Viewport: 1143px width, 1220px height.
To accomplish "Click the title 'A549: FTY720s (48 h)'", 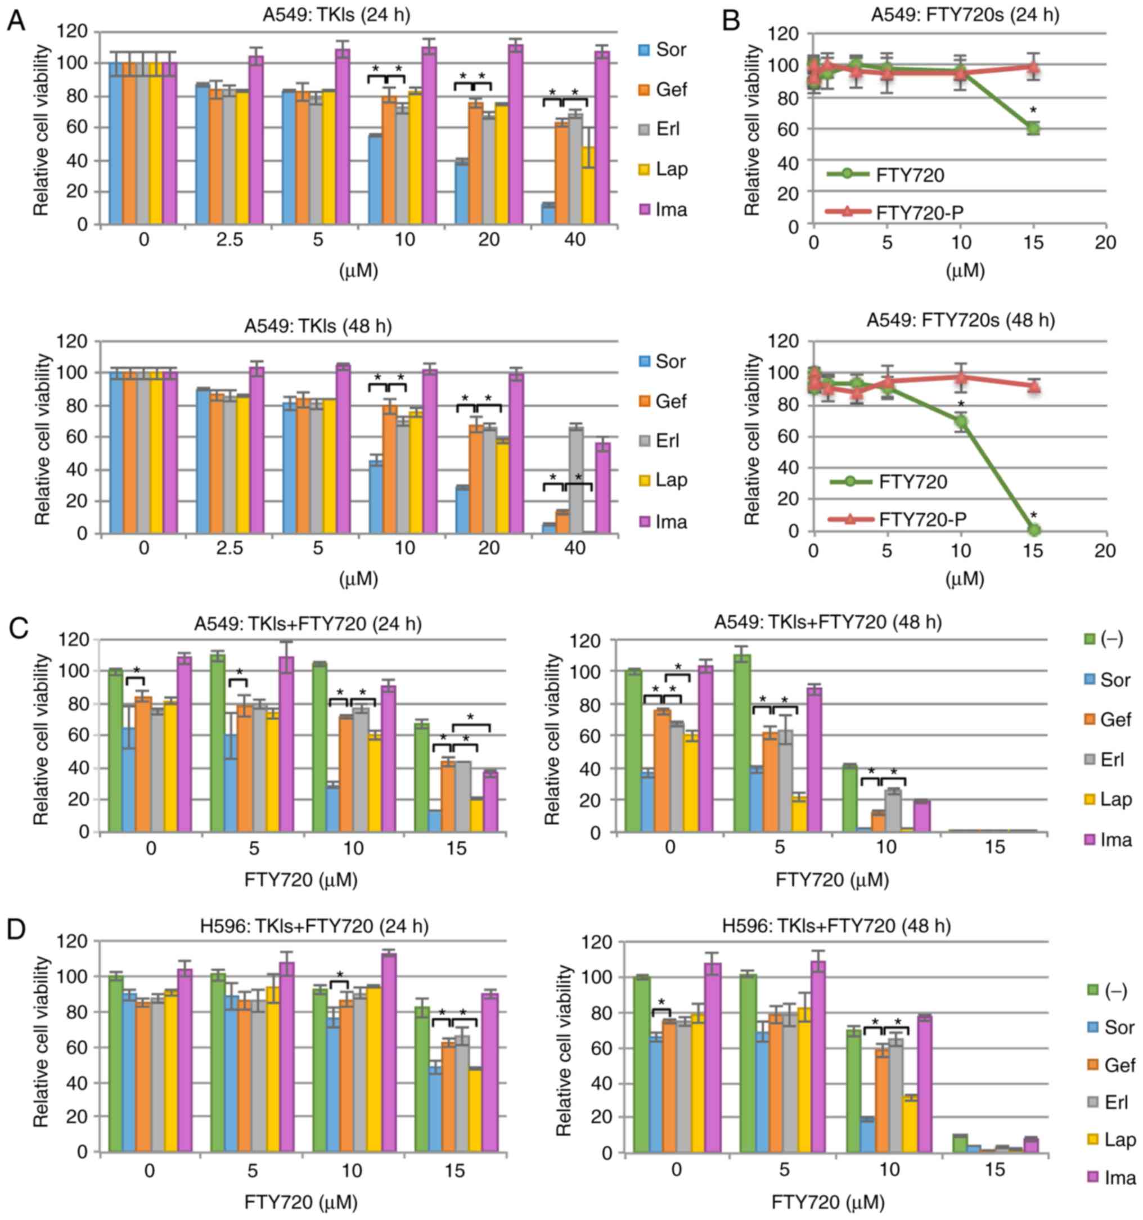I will click(960, 320).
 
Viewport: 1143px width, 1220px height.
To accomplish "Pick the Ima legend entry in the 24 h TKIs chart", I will click(662, 210).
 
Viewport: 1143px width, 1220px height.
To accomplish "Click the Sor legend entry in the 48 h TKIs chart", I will click(662, 361).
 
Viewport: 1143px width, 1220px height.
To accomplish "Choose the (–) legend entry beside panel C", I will click(1104, 639).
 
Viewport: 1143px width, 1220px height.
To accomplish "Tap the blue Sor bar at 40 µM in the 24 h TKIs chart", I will click(548, 214).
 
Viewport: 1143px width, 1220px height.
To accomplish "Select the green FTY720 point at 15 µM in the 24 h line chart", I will click(1034, 128).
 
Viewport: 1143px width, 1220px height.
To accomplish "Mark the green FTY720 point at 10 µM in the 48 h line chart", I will click(961, 422).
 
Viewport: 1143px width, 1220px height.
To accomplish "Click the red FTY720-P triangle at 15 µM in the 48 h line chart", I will click(1034, 387).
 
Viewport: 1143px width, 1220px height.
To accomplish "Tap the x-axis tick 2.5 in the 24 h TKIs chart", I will click(229, 240).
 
